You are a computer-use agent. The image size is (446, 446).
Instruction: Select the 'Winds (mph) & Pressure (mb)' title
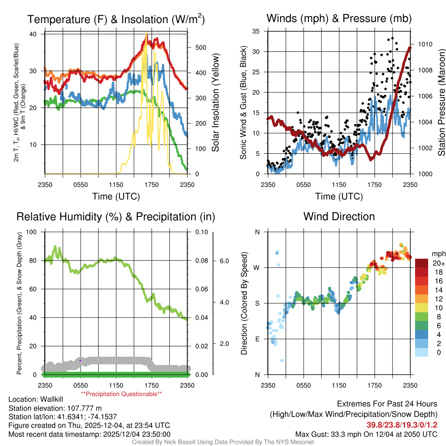(339, 18)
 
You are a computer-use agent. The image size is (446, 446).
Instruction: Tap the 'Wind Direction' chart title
(339, 216)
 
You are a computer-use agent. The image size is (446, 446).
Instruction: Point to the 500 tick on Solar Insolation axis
(200, 47)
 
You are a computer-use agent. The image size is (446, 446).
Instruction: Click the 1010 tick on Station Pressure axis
(425, 44)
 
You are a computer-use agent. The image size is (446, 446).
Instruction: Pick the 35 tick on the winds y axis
(256, 31)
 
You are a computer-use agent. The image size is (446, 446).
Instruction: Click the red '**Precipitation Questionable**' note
(122, 394)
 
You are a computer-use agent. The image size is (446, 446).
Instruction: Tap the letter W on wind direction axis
(257, 267)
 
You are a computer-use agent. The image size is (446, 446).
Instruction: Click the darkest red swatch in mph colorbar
(422, 264)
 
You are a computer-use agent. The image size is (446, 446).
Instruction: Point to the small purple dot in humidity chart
(80, 361)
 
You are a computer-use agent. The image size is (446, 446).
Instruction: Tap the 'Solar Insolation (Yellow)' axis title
(216, 103)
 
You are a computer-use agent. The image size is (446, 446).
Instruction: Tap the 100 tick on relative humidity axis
(33, 232)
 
